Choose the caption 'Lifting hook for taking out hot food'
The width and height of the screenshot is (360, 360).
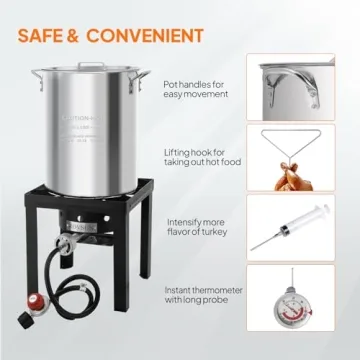click(196, 157)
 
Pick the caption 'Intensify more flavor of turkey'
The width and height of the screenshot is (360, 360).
click(194, 227)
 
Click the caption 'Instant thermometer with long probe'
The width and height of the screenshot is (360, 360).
click(195, 296)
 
